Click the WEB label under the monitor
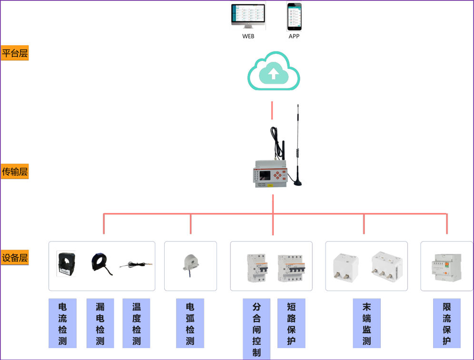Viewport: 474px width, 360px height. point(248,36)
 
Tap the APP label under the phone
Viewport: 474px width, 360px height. point(294,36)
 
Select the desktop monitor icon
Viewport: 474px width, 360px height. point(248,16)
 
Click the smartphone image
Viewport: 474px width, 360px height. point(294,17)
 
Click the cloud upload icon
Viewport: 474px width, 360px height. point(273,73)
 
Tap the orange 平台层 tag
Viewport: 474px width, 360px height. point(15,53)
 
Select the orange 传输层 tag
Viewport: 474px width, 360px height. point(15,171)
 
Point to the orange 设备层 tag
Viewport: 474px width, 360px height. point(15,258)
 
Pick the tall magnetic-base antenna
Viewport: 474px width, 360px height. point(298,147)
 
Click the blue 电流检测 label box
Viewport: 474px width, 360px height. point(62,323)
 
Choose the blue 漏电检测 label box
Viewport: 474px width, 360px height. point(100,323)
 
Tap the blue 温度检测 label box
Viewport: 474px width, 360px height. point(136,323)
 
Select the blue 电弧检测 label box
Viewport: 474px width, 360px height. point(190,323)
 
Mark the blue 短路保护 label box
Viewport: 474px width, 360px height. point(291,323)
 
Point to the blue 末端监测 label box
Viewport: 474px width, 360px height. point(366,323)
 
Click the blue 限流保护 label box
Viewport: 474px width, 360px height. point(446,323)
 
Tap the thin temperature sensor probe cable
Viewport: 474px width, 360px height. point(136,264)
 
